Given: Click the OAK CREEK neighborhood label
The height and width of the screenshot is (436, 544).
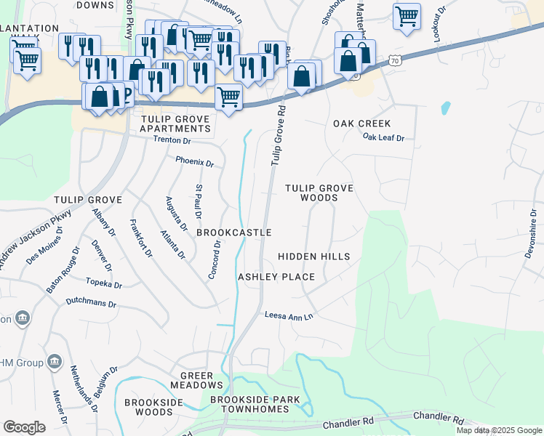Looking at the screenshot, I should tap(361, 124).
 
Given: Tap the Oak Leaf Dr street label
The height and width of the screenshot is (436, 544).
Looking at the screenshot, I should tap(383, 137).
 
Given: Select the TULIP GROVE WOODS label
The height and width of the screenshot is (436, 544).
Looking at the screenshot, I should tap(319, 193).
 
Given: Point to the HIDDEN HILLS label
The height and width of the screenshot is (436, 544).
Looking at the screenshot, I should tap(313, 257).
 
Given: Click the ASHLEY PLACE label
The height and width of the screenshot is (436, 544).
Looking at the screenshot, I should tap(276, 277).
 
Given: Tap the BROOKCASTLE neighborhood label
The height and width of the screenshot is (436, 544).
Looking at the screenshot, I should tap(234, 233).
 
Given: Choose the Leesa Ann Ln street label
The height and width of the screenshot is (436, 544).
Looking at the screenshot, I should tap(288, 316).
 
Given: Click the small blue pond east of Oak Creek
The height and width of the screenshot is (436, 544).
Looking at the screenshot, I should tap(445, 108).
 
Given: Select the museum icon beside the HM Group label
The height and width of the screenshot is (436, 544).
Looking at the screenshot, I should tap(54, 361).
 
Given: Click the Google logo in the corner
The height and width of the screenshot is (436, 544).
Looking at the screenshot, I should tap(24, 427).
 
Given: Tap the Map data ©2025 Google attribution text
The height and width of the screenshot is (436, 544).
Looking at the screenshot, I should tap(498, 430).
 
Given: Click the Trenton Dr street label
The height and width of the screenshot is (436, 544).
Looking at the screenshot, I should tap(172, 140).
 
